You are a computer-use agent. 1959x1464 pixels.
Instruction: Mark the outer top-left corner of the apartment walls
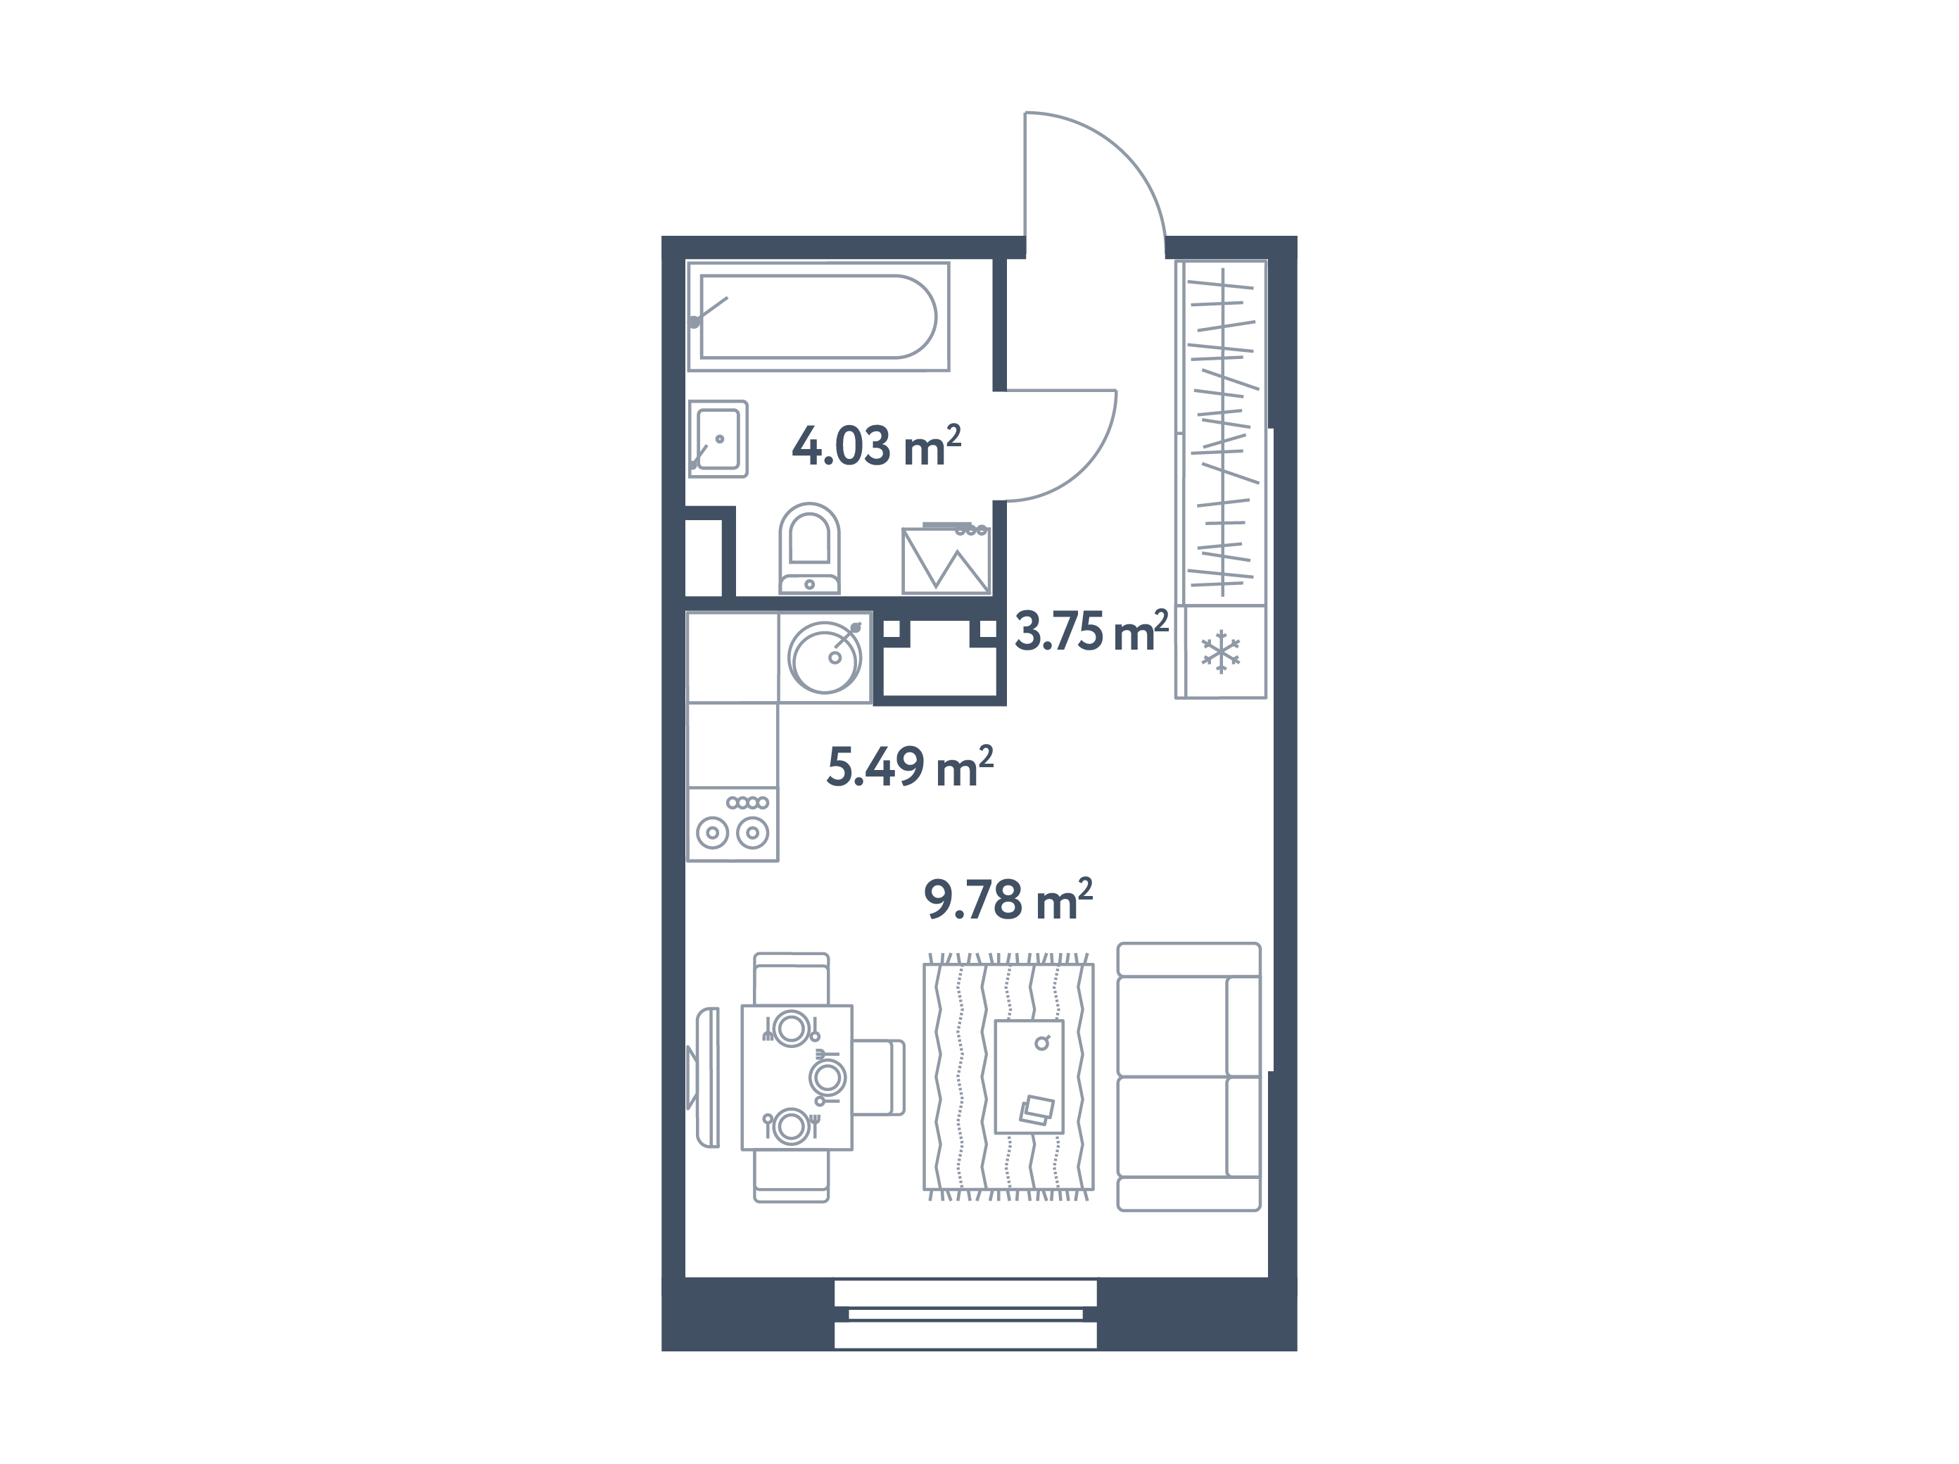click(x=661, y=236)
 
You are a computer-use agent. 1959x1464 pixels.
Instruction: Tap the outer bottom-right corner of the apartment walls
click(x=1298, y=1351)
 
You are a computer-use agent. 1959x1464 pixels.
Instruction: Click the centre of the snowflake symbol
click(x=1220, y=652)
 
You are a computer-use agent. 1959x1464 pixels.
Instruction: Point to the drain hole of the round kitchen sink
click(x=835, y=657)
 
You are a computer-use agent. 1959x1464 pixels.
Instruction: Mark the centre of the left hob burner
click(x=712, y=833)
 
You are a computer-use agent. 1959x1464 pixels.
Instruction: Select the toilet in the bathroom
click(x=809, y=548)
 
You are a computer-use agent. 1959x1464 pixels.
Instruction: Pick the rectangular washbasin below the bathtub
click(x=718, y=438)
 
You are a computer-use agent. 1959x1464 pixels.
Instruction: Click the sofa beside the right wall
click(x=1188, y=1076)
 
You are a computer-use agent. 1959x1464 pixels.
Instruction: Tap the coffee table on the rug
click(x=1028, y=1076)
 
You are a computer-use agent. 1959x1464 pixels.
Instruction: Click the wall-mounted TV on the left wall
click(x=705, y=1077)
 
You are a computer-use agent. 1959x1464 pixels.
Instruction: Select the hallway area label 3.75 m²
click(x=1091, y=631)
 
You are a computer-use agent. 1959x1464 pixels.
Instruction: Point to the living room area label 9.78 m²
click(x=1008, y=900)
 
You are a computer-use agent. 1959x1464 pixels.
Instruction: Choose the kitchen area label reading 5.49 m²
click(x=910, y=767)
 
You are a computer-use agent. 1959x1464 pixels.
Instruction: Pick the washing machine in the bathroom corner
click(x=946, y=560)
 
